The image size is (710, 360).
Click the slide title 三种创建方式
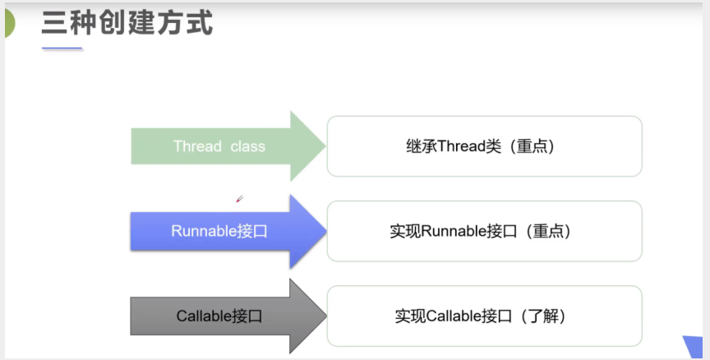127,23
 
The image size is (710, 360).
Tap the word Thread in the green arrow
197,146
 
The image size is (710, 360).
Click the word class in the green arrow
247,146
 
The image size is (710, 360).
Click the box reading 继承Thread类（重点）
484,146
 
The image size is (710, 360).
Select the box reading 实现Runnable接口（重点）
484,231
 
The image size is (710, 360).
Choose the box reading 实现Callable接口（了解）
484,316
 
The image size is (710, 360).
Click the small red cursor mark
239,198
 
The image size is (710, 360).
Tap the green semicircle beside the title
8,25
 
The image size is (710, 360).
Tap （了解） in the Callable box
542,316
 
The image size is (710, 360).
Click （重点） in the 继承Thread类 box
532,146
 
